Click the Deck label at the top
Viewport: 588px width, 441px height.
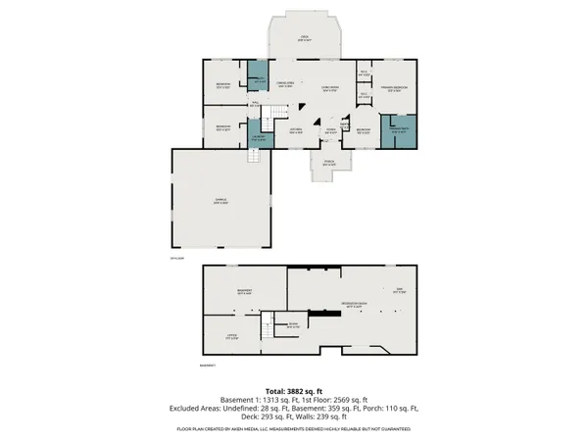coord(304,37)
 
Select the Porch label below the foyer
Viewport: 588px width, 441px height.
coord(328,164)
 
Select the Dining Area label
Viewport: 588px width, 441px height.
coord(285,84)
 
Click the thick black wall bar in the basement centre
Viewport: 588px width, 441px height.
coord(315,269)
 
